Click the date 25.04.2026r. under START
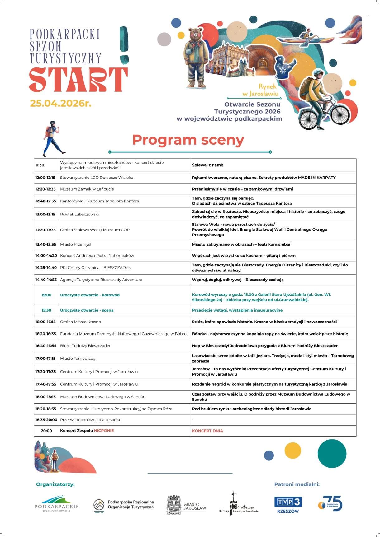click(60, 103)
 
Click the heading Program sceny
click(188, 140)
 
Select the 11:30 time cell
click(40, 165)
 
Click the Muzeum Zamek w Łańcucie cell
click(87, 189)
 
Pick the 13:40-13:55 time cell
click(45, 244)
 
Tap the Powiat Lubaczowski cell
click(79, 214)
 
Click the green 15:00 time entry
click(46, 295)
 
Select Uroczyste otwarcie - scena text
click(87, 310)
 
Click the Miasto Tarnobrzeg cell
click(78, 358)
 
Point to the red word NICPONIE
click(104, 431)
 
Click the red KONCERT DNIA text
click(207, 431)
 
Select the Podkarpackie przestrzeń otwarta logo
click(56, 504)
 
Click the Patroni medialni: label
click(297, 484)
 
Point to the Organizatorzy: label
click(55, 484)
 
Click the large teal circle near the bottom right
click(332, 453)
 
